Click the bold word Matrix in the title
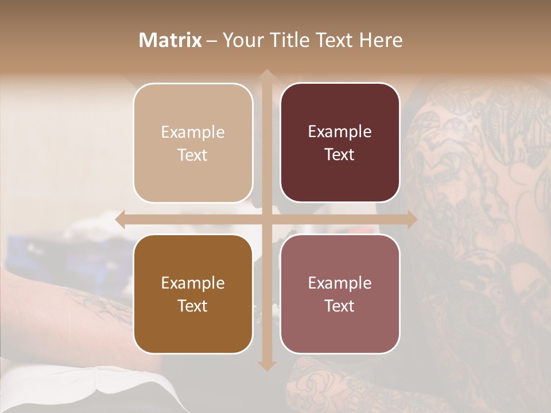[170, 40]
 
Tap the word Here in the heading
[381, 40]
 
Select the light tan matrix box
[193, 143]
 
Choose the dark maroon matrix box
[340, 143]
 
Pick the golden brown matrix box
[193, 294]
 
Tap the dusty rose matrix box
[340, 294]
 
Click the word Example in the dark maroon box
[340, 132]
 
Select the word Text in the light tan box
[193, 155]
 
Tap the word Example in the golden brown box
[193, 283]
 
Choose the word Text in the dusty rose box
[340, 306]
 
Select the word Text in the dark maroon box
[340, 155]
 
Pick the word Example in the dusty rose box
[340, 283]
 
